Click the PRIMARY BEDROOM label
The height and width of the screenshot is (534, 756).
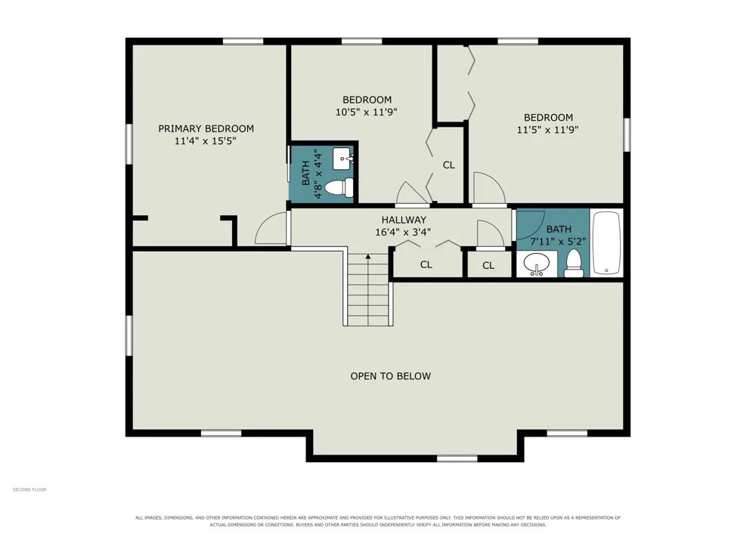pyautogui.click(x=206, y=128)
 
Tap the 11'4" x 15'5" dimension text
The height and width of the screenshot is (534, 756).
pyautogui.click(x=206, y=141)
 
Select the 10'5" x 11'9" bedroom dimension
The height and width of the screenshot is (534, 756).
pyautogui.click(x=367, y=113)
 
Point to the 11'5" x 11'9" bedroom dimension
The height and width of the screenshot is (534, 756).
pyautogui.click(x=547, y=129)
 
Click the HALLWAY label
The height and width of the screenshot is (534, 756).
pyautogui.click(x=404, y=220)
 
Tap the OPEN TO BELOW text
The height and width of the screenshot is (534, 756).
pyautogui.click(x=391, y=376)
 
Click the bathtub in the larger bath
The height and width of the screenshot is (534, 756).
pyautogui.click(x=606, y=242)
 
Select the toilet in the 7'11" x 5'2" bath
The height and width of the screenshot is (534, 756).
pyautogui.click(x=574, y=264)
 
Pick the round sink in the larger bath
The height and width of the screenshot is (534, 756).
pyautogui.click(x=537, y=264)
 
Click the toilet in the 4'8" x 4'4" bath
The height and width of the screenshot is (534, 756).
pyautogui.click(x=339, y=187)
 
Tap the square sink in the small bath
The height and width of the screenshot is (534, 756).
pyautogui.click(x=343, y=159)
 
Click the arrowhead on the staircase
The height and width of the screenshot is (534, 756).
pyautogui.click(x=368, y=257)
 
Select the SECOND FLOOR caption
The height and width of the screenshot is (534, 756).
pyautogui.click(x=29, y=489)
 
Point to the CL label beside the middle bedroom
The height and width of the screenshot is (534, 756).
pyautogui.click(x=448, y=165)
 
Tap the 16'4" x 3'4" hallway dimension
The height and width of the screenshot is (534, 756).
pyautogui.click(x=403, y=232)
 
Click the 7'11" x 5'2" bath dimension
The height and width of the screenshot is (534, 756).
pyautogui.click(x=559, y=242)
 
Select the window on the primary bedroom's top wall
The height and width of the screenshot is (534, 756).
pyautogui.click(x=243, y=42)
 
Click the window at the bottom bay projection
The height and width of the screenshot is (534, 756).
pyautogui.click(x=457, y=459)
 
